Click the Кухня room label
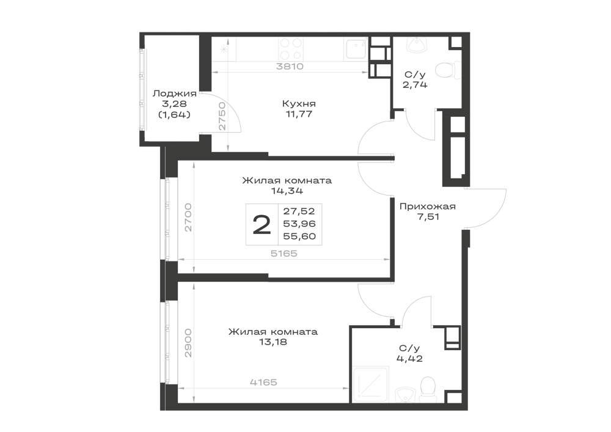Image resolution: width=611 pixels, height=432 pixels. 299,104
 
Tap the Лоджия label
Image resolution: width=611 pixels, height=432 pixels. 175,93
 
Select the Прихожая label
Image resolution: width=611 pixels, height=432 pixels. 428,207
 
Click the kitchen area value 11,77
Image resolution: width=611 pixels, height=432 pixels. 299,114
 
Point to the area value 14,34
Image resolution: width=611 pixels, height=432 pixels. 287,191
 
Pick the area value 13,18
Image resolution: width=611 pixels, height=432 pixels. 273,342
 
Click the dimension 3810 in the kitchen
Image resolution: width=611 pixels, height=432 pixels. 290,66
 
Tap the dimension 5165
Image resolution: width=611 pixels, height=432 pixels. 284,254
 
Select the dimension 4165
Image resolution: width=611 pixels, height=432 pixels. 263,382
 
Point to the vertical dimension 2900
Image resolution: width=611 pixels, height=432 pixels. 189,343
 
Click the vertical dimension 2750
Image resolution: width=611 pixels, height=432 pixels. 222,116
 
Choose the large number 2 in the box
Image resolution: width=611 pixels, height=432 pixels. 262,225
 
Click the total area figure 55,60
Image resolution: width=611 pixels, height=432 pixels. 299,236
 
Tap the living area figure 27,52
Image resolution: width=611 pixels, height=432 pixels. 299,211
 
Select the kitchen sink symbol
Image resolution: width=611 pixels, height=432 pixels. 354,49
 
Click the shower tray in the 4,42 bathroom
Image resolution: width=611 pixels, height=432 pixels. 370,384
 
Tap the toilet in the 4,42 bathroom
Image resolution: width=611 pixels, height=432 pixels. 426,389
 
